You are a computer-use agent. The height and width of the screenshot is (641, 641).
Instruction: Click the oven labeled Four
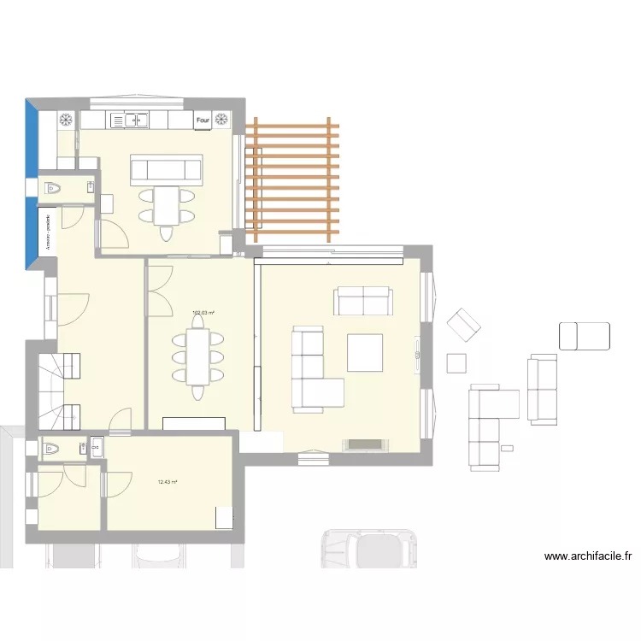[203, 121]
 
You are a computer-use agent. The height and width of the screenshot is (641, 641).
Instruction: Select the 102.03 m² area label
[203, 313]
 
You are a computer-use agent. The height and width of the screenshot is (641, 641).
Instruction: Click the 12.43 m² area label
[168, 482]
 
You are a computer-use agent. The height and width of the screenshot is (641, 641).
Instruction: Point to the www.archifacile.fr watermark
[588, 556]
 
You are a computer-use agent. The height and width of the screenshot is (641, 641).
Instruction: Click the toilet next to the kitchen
[53, 187]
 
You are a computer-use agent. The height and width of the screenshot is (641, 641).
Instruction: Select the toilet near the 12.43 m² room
[52, 448]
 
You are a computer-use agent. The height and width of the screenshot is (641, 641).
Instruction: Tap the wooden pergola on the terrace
[291, 180]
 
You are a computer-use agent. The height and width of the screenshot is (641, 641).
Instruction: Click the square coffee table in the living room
[364, 352]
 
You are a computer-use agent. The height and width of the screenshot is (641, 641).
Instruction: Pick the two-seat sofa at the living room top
[363, 301]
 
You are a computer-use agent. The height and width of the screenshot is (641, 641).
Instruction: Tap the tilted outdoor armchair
[464, 325]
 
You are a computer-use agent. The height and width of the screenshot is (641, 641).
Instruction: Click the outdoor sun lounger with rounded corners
[585, 335]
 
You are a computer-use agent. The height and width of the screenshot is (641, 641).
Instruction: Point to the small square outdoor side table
[457, 363]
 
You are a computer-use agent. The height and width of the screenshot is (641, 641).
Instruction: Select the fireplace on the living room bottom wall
[363, 444]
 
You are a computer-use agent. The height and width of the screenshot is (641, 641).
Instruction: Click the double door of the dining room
[159, 290]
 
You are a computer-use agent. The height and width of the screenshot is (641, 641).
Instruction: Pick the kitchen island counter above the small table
[166, 170]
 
